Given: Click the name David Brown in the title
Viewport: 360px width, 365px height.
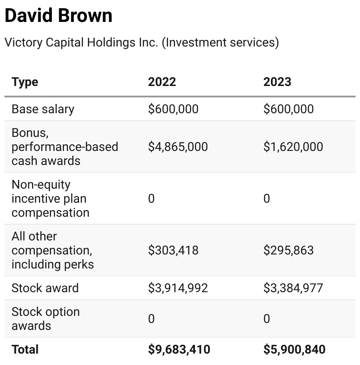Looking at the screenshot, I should (x=58, y=16).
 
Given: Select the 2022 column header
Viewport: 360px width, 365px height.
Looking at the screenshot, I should (x=162, y=82).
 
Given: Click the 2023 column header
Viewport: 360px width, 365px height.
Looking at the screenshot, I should (x=277, y=82).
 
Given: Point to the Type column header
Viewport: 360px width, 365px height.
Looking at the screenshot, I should (x=25, y=82).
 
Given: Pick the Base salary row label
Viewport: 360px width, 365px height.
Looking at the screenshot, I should (x=43, y=109).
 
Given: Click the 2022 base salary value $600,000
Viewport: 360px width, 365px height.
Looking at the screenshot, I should (x=173, y=109).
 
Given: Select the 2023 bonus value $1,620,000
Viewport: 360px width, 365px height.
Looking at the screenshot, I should (x=293, y=147).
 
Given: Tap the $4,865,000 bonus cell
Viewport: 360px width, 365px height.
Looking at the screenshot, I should (x=178, y=147).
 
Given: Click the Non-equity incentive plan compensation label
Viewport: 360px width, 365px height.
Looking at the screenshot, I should (x=50, y=198).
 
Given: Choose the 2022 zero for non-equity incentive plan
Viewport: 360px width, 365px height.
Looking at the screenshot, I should (x=151, y=198).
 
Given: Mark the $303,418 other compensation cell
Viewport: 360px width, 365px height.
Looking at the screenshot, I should (x=173, y=250).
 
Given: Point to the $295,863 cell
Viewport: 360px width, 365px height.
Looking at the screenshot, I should (x=288, y=250).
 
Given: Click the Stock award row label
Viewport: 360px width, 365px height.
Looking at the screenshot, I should (x=45, y=288).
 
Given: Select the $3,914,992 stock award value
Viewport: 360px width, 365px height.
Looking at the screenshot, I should (x=178, y=288).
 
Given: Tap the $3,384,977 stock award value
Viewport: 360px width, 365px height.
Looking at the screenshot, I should (x=293, y=288).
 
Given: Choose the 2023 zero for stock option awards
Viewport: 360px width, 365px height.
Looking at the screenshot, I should (x=266, y=318).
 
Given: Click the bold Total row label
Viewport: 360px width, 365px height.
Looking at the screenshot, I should (x=25, y=349).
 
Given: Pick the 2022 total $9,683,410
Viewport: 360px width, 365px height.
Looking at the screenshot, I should (x=179, y=349).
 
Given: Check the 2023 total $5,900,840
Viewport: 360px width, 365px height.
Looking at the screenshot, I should (x=295, y=349).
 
